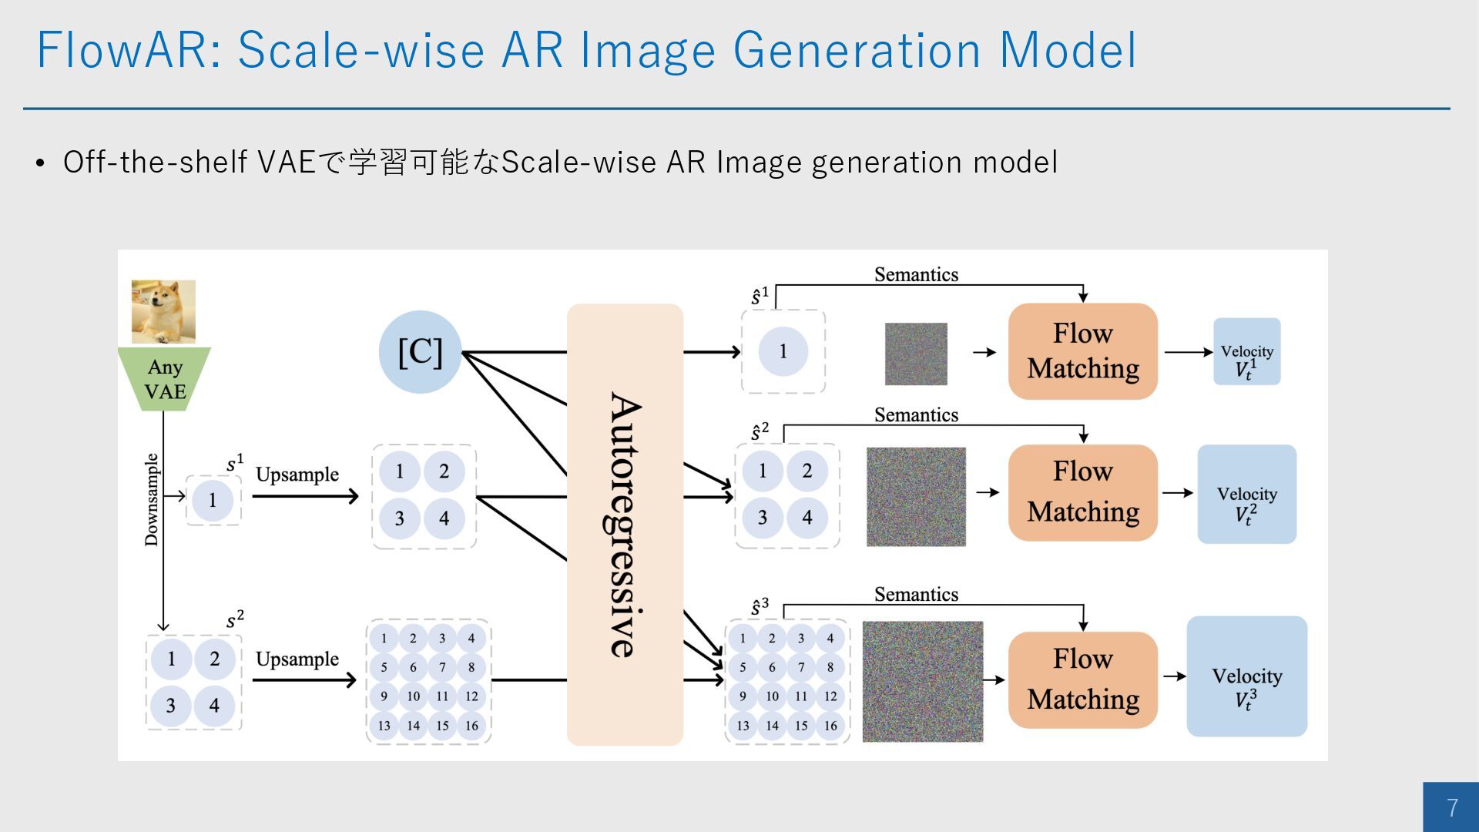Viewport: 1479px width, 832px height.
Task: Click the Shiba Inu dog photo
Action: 163,311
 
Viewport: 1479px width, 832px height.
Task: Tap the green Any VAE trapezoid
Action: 164,378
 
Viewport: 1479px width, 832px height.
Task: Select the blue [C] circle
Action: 420,352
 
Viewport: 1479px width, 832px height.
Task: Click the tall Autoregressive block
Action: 625,525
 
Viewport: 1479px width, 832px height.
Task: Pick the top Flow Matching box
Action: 1082,351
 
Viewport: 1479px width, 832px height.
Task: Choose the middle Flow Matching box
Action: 1082,492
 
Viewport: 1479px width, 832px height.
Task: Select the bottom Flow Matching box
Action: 1082,679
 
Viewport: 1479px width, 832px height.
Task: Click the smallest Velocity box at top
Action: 1246,351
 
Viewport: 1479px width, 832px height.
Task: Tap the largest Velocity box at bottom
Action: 1246,676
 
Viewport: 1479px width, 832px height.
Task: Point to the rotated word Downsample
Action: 152,500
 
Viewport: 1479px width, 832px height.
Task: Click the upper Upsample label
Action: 297,475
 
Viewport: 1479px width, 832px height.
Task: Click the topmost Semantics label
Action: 916,275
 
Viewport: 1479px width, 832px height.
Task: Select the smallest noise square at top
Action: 916,354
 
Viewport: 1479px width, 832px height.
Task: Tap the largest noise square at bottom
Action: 922,681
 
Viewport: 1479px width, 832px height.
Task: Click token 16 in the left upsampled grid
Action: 471,726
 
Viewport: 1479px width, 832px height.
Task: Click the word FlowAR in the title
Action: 122,51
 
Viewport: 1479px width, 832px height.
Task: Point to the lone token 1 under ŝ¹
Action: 783,351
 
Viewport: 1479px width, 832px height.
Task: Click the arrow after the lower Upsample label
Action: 305,680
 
